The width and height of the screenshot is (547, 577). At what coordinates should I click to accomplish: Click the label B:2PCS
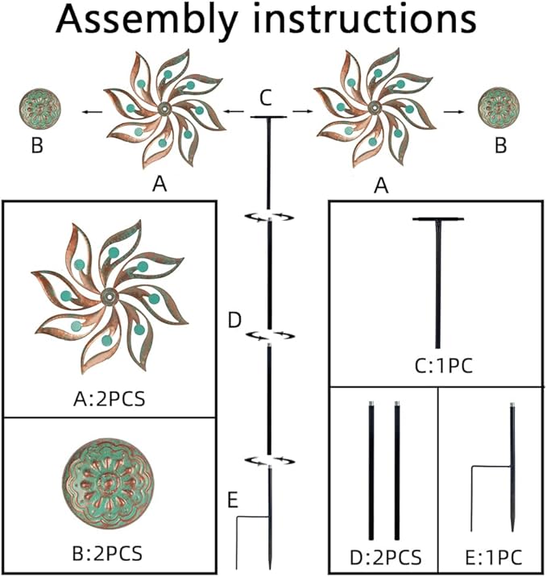109,554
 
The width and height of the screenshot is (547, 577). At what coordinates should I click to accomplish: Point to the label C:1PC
437,367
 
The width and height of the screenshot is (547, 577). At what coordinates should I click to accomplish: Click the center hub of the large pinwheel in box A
107,296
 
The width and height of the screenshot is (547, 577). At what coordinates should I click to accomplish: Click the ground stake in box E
512,471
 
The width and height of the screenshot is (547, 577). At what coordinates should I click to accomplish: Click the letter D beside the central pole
234,322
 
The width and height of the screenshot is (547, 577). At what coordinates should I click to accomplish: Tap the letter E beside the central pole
232,500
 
